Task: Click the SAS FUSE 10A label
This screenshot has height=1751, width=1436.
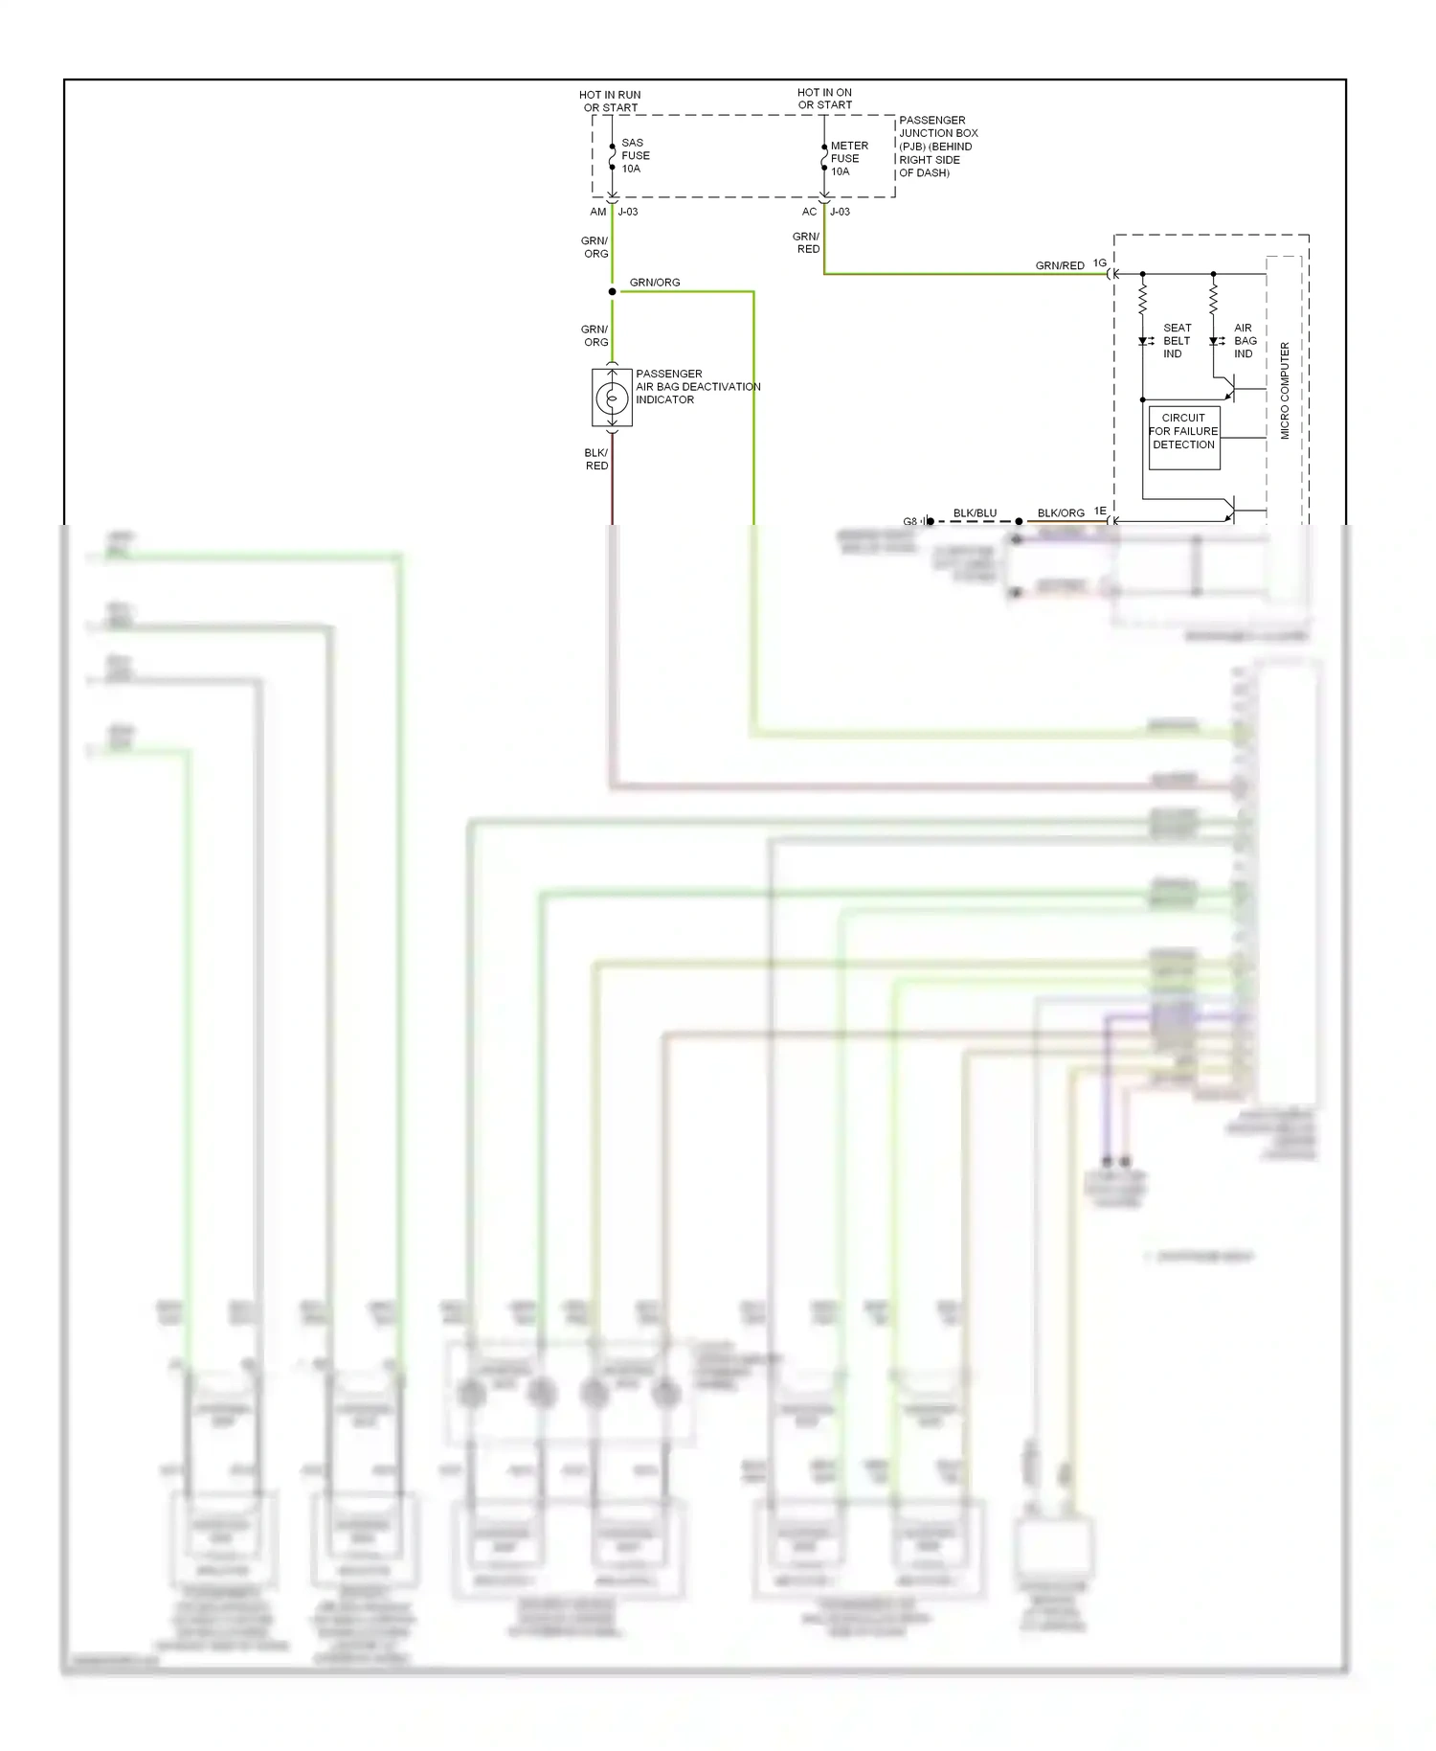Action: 635,156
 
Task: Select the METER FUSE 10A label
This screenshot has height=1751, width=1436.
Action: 848,159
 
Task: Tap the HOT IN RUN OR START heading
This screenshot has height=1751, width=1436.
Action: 610,102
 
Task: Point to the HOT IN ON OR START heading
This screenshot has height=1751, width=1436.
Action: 824,99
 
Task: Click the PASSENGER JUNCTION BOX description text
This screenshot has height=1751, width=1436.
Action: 936,147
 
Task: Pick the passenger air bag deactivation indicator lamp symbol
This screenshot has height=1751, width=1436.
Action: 612,398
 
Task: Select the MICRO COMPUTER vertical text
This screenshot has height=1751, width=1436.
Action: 1285,391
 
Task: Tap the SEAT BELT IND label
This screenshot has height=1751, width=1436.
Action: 1177,341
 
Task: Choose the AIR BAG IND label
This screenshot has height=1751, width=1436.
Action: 1245,341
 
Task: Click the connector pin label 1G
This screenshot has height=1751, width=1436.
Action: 1099,263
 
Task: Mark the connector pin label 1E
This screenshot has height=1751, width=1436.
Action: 1100,512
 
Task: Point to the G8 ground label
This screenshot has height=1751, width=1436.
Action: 909,522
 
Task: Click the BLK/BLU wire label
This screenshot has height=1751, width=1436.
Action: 975,513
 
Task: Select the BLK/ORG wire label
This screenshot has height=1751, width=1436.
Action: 1061,513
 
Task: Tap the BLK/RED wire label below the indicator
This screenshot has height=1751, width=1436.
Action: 596,460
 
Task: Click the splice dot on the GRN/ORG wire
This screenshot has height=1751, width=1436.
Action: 613,291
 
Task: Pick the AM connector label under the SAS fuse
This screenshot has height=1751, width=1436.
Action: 598,212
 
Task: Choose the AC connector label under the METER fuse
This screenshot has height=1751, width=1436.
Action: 810,212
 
